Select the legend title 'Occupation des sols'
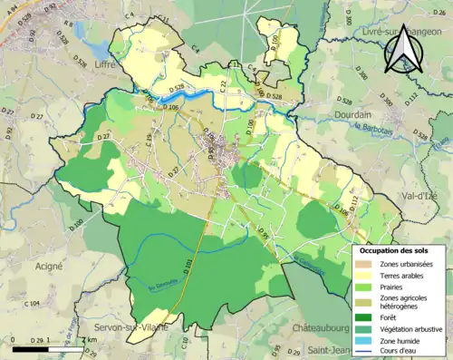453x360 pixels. click(x=395, y=249)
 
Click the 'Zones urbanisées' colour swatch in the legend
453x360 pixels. click(x=367, y=263)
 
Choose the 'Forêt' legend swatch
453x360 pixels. click(x=367, y=316)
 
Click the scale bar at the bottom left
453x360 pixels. click(x=54, y=345)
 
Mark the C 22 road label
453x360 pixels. click(x=223, y=85)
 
